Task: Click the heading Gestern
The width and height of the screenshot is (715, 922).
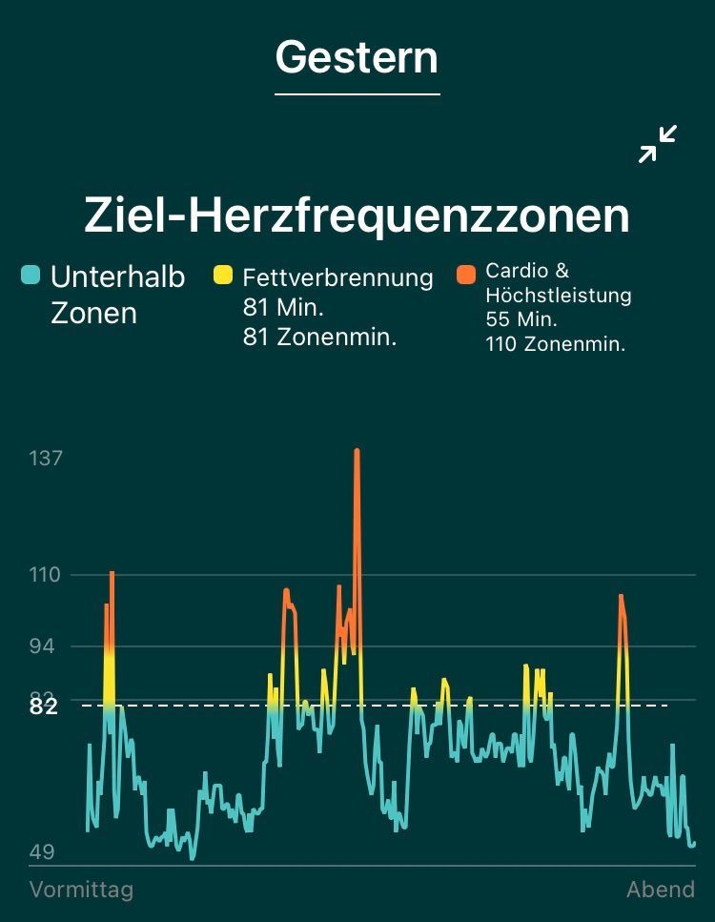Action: (357, 57)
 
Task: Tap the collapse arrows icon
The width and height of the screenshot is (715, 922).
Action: (658, 144)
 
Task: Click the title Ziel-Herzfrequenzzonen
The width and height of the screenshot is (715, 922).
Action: (357, 215)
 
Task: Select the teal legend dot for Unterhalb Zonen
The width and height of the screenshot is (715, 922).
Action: (31, 277)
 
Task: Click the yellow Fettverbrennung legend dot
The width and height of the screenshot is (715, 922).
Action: (222, 277)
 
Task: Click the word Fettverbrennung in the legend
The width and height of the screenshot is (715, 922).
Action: (337, 277)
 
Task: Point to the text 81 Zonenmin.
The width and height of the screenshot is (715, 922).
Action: (319, 337)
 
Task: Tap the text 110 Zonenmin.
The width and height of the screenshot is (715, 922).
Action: (556, 344)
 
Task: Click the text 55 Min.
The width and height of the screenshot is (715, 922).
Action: (521, 319)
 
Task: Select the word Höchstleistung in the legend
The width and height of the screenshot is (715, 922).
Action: (558, 296)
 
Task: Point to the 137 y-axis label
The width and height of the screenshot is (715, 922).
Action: (46, 459)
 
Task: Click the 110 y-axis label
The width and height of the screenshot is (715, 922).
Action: (45, 575)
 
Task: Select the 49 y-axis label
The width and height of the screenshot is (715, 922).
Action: (42, 851)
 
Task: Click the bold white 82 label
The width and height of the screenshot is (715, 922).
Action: (44, 707)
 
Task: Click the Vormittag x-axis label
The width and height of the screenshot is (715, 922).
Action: (81, 890)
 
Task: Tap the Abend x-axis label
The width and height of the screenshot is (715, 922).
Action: (660, 890)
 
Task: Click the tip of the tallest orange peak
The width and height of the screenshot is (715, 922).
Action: (357, 450)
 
